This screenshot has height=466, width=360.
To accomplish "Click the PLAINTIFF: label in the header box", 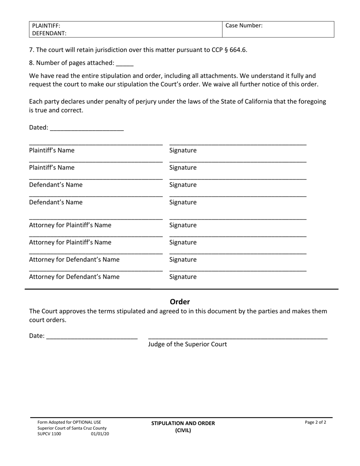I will (x=46, y=26).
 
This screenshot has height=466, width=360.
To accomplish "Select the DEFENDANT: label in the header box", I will (x=49, y=33).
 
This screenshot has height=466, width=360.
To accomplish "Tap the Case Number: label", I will (x=244, y=26).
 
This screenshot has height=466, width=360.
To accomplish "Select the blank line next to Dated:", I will (x=86, y=128).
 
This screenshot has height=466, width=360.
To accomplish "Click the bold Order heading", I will (x=180, y=302).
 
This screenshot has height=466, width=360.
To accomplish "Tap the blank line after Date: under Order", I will (x=91, y=336).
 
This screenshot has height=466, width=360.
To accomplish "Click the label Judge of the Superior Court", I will (x=187, y=344).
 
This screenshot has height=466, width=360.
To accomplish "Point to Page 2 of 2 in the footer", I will (x=315, y=422).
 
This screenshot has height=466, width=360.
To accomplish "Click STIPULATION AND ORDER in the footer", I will (x=183, y=423).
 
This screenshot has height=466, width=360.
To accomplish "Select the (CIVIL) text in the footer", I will (x=183, y=430).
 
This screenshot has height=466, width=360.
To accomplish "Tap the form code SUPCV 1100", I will (x=49, y=434).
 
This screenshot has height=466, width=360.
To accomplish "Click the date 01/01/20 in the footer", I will (x=100, y=434).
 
